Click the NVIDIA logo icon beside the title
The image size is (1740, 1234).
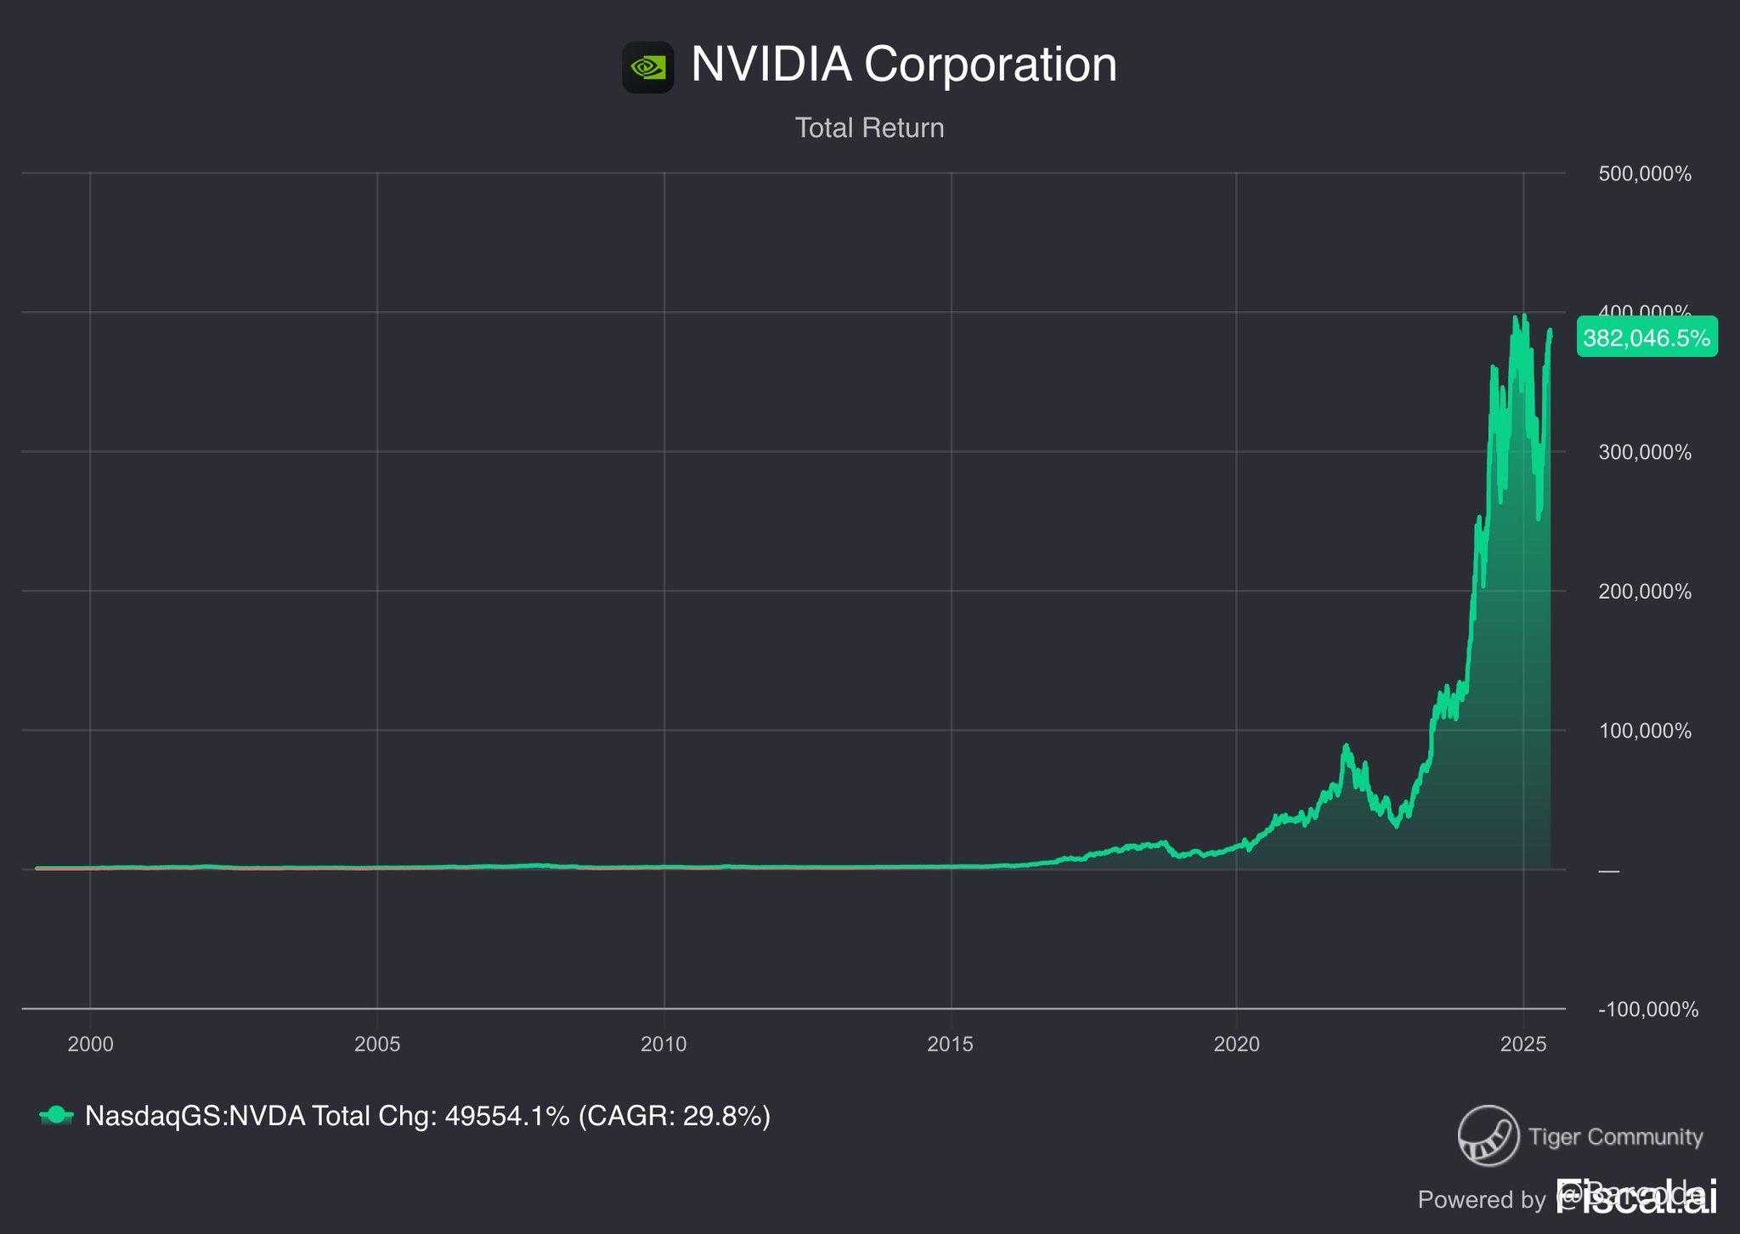click(x=647, y=67)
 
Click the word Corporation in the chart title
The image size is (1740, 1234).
click(x=990, y=65)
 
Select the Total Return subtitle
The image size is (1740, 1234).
click(x=869, y=128)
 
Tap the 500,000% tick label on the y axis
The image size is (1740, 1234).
click(x=1644, y=174)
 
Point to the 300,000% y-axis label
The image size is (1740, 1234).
click(x=1644, y=452)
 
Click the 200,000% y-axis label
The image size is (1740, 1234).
click(x=1644, y=592)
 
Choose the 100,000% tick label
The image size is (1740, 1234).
click(x=1644, y=731)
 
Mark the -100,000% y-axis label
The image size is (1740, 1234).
click(x=1647, y=1010)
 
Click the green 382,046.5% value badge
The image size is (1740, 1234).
click(x=1646, y=338)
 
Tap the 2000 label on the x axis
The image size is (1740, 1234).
click(x=90, y=1044)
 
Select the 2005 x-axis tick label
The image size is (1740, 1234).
click(x=377, y=1044)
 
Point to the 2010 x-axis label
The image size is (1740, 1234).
click(x=664, y=1044)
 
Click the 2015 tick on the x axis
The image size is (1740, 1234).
click(x=950, y=1044)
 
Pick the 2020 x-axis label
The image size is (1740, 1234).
click(x=1236, y=1044)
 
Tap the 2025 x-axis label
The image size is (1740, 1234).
click(x=1523, y=1044)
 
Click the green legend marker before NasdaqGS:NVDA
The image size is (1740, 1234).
click(x=56, y=1115)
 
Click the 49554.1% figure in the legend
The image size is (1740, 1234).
click(x=507, y=1116)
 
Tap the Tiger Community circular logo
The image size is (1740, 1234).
click(x=1488, y=1135)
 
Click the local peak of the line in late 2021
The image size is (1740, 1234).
click(x=1346, y=746)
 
